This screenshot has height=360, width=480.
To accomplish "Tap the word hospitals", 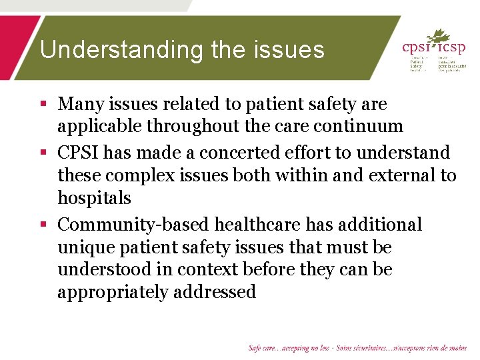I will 94,198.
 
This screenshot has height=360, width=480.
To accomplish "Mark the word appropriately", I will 112,292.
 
